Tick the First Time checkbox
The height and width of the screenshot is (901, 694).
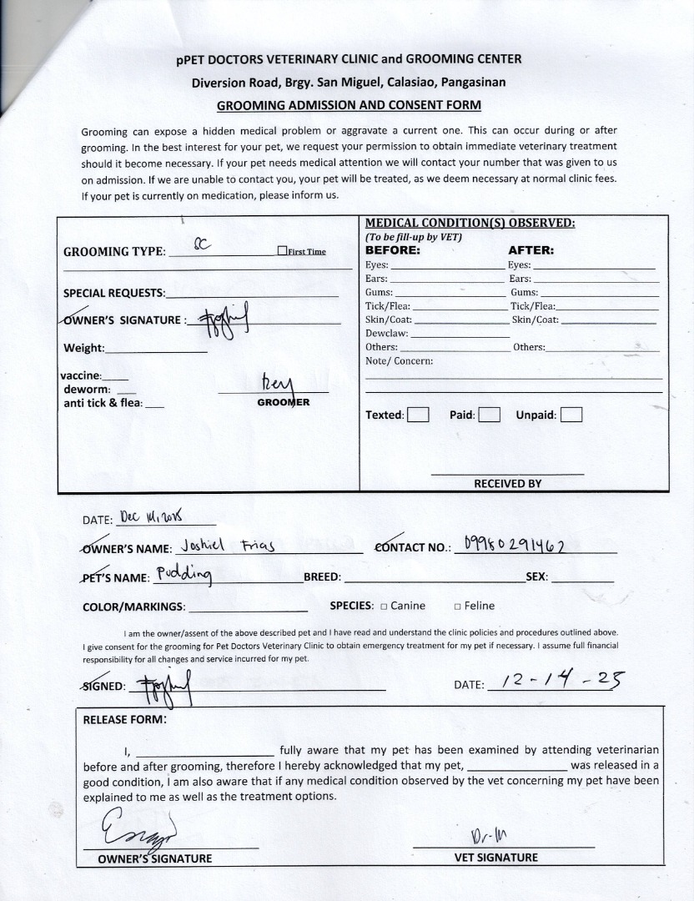pos(283,251)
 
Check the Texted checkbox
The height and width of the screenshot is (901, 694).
pos(418,415)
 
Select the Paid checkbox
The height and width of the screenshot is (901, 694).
pos(490,415)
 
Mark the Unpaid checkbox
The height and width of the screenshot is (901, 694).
pos(571,415)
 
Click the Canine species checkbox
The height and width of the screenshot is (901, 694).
pos(384,607)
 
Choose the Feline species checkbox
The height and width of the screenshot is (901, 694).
pos(458,607)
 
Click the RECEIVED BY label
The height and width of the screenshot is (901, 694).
pos(507,483)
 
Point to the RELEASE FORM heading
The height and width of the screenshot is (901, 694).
pos(125,719)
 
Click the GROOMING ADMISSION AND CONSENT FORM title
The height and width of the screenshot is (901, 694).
pos(349,105)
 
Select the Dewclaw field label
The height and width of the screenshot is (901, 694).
pos(385,333)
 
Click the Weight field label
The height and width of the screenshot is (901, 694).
pos(83,348)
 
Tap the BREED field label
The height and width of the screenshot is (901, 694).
pos(322,576)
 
